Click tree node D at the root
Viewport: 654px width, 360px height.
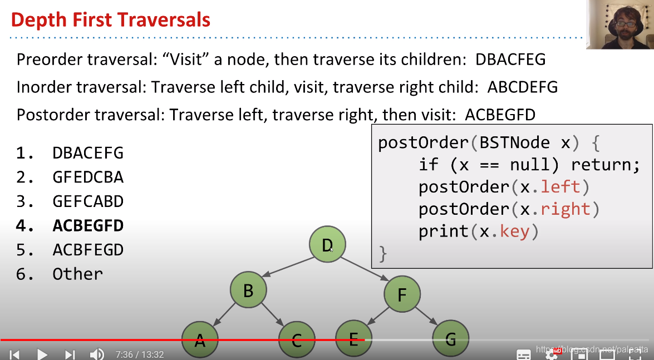327,244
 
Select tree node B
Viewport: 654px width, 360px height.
248,290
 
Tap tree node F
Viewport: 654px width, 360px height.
402,294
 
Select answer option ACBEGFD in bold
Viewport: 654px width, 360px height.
88,225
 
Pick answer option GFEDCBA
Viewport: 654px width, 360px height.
88,177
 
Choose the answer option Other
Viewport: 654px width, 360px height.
77,274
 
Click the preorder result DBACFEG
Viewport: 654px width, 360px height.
510,60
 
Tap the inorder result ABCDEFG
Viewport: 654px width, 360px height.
522,87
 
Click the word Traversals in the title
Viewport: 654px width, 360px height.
163,20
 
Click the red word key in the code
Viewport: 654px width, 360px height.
514,231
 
